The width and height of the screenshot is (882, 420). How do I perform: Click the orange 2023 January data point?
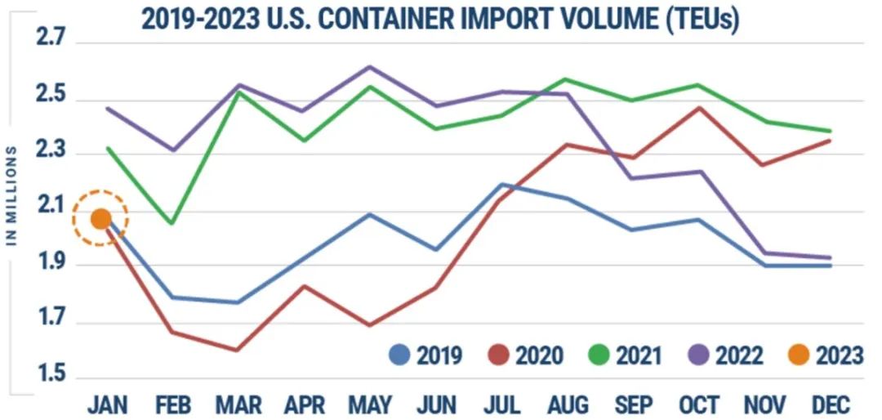click(100, 218)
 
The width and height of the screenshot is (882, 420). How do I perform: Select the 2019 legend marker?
click(400, 355)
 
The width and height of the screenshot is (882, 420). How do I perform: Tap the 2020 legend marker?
click(500, 355)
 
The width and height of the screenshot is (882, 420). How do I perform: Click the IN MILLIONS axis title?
click(12, 196)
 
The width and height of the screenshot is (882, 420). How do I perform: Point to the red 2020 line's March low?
click(237, 350)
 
